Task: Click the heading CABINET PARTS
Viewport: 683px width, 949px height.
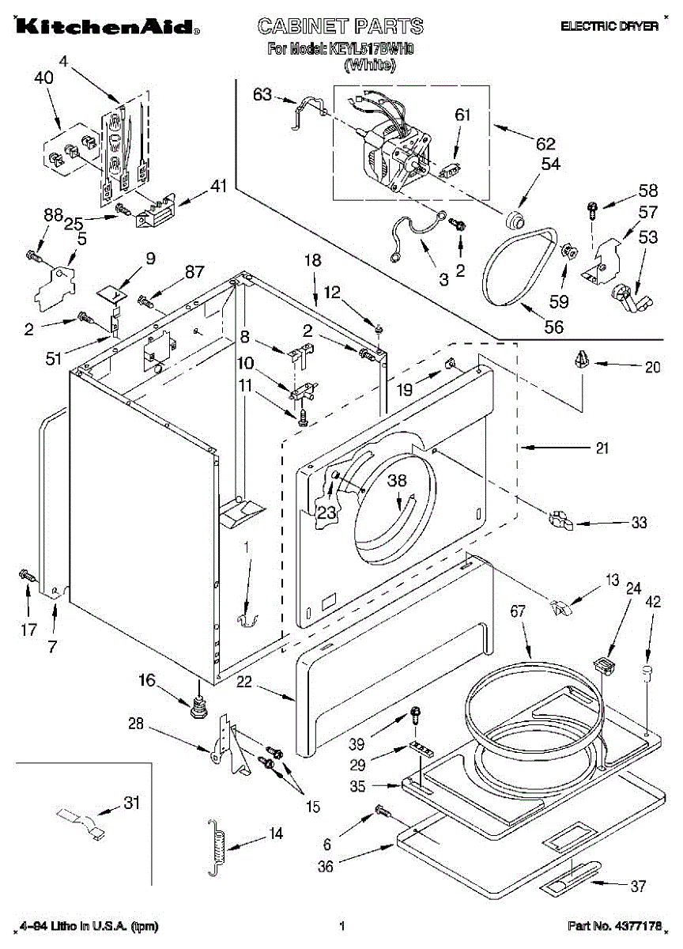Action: click(341, 26)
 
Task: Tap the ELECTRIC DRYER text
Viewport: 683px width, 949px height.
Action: click(609, 26)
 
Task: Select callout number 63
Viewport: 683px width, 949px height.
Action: click(262, 95)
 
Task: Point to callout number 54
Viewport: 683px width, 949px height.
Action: click(550, 164)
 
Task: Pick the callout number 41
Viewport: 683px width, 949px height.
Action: click(218, 187)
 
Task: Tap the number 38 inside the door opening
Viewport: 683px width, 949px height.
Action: click(397, 479)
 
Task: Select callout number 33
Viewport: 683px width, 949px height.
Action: click(639, 522)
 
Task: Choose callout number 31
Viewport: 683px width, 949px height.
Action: click(131, 803)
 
